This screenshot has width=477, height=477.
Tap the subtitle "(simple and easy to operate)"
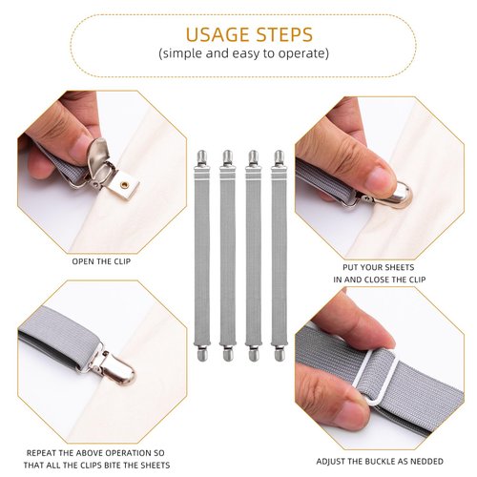tap(243, 53)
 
